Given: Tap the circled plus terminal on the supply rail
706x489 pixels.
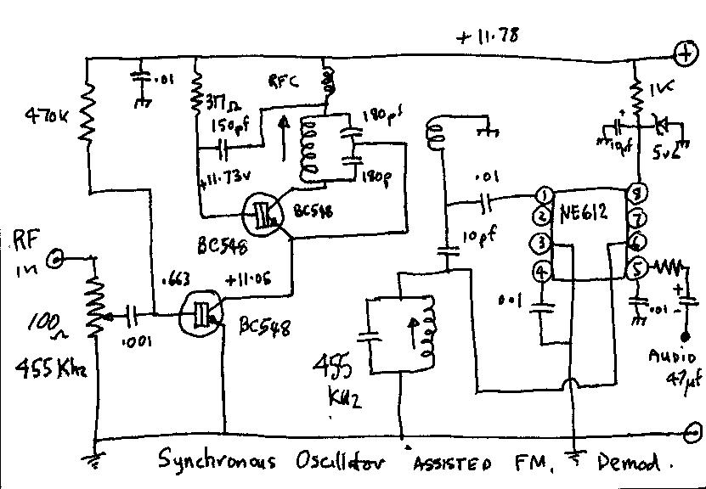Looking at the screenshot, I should coord(683,53).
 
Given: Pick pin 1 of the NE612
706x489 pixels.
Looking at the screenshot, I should coord(545,197).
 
